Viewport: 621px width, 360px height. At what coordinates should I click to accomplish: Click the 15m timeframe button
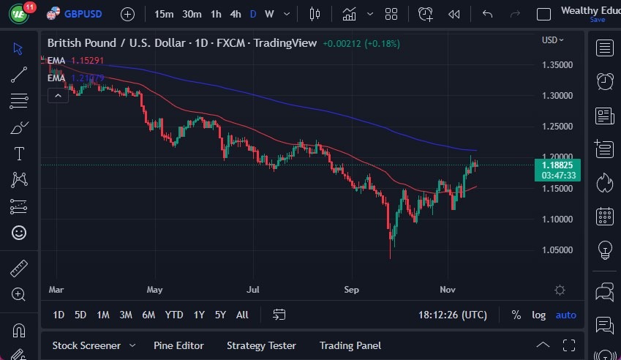[165, 14]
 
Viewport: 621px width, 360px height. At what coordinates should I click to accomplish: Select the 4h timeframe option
[235, 14]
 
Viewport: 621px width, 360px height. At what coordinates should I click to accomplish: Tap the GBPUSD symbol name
[82, 14]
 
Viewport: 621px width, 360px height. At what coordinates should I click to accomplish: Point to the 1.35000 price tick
[557, 64]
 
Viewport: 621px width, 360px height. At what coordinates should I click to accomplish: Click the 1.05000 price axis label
[557, 250]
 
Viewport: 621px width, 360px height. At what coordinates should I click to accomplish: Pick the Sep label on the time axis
[352, 290]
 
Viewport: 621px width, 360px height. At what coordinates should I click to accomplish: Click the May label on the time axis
[154, 290]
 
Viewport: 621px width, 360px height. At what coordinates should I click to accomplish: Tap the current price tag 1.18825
[557, 165]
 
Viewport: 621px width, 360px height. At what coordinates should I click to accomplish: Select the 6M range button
[148, 315]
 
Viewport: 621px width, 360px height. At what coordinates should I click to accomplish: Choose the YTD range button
[174, 315]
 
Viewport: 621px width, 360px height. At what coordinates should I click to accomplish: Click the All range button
[242, 315]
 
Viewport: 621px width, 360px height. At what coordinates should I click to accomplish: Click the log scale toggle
[538, 315]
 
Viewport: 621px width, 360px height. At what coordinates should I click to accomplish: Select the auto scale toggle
[565, 315]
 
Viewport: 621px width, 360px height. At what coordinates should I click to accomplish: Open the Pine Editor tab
[178, 345]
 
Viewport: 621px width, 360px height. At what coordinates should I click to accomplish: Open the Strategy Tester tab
[261, 345]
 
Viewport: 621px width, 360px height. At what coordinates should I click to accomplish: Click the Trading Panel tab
[350, 345]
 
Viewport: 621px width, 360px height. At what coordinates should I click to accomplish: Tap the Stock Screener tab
[86, 345]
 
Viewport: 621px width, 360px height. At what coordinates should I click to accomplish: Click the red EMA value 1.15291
[87, 60]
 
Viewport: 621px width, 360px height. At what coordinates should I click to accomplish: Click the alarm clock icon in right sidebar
[605, 82]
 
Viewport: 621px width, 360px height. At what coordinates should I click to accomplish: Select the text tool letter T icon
[19, 154]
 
